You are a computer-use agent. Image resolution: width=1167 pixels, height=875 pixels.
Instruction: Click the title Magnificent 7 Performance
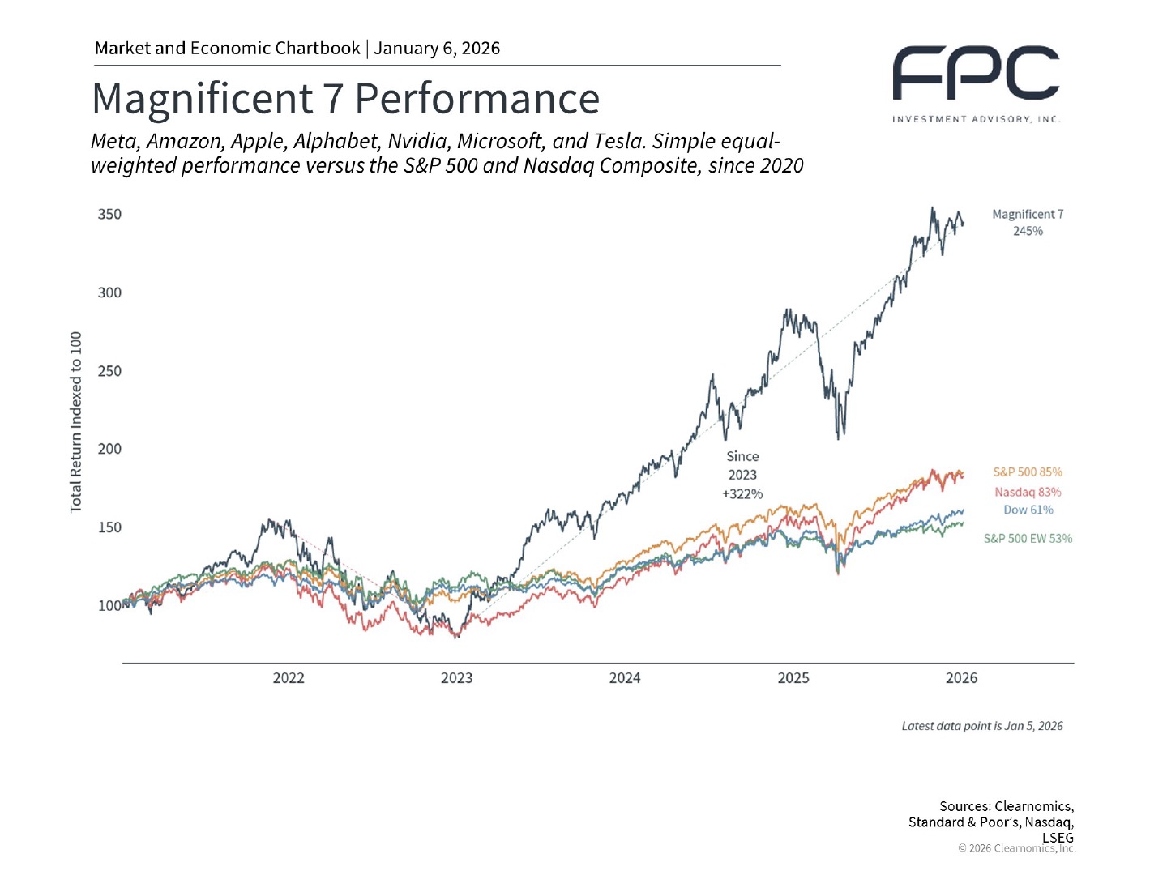tap(345, 99)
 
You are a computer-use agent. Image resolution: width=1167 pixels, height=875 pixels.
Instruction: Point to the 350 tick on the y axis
tap(109, 215)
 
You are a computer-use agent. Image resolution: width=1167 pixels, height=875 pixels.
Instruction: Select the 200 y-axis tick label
tap(109, 449)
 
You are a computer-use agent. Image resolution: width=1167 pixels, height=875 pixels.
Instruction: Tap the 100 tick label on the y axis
tap(109, 606)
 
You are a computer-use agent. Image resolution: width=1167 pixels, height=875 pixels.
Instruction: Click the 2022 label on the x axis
tap(289, 678)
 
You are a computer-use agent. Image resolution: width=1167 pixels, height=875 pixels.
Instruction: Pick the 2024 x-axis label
tap(625, 678)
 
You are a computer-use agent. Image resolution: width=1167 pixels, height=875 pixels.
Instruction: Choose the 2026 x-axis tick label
tap(961, 678)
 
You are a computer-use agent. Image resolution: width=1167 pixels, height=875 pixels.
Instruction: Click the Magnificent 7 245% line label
tap(1028, 223)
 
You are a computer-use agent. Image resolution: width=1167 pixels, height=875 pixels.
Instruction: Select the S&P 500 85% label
tap(1028, 472)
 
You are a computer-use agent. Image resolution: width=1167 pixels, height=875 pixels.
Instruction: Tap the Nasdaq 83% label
tap(1028, 493)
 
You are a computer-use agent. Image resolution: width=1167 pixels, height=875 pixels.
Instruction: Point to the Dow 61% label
tap(1028, 510)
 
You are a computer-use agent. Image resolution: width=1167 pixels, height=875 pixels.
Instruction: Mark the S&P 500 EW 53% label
tap(1028, 539)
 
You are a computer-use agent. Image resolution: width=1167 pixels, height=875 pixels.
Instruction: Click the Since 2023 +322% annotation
tap(742, 476)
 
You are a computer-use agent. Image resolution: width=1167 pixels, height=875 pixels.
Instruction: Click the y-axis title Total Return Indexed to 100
tap(76, 422)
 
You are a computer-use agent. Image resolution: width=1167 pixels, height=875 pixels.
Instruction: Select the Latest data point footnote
tap(982, 726)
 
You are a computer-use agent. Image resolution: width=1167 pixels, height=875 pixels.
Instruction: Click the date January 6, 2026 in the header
tap(437, 49)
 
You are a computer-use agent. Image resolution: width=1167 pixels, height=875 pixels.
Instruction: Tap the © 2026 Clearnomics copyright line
tap(1017, 848)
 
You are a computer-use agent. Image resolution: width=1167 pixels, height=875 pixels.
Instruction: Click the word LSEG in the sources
tap(1058, 838)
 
